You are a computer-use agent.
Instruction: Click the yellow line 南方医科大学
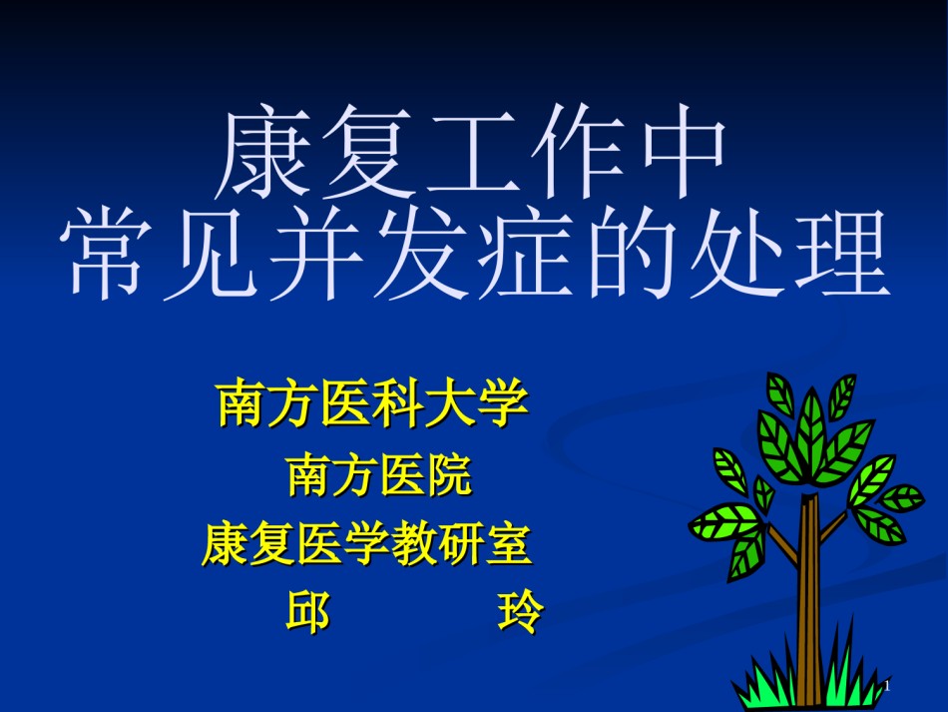pos(372,403)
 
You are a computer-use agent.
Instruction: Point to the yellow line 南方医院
pos(379,475)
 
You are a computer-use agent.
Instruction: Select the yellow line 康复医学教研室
pos(367,544)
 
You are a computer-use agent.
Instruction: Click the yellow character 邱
pos(307,612)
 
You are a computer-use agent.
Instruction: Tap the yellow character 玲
pos(521,612)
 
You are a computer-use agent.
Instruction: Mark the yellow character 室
pos(509,544)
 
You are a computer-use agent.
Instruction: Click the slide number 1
pos(887,686)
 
